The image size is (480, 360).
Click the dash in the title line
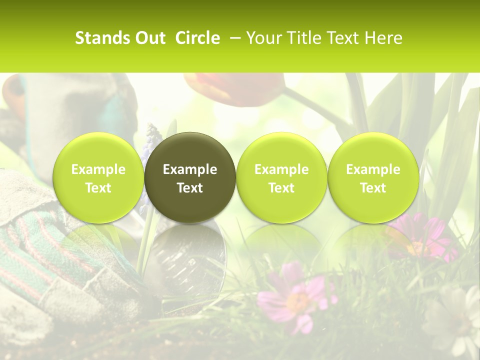tap(234, 38)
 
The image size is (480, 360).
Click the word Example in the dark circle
tap(190, 169)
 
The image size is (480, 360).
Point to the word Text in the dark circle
tap(190, 188)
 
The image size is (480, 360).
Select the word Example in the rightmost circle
tap(373, 169)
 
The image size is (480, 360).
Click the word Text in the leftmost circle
tap(98, 188)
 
